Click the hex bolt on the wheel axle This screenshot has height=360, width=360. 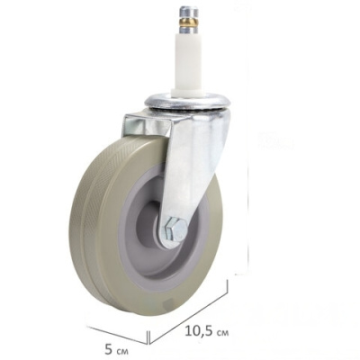pos(175,230)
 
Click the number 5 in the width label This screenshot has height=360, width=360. pos(109,349)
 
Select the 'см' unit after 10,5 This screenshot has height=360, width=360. pos(221,332)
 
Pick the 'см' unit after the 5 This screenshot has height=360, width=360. pos(121,351)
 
